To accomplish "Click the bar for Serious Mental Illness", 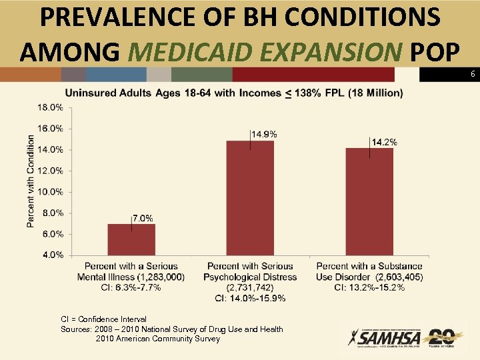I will coord(131,239).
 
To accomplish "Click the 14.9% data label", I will coord(264,134).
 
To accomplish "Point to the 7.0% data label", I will coord(143,218).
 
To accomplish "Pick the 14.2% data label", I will coord(384,142).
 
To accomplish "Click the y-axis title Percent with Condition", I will coord(31,181).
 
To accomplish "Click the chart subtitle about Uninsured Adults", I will coord(233,92).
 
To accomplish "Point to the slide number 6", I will coord(472,75).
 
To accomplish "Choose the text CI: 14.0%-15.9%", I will coord(250,297).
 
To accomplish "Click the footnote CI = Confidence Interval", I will coord(103,319).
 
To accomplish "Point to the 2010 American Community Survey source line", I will coord(157,339).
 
